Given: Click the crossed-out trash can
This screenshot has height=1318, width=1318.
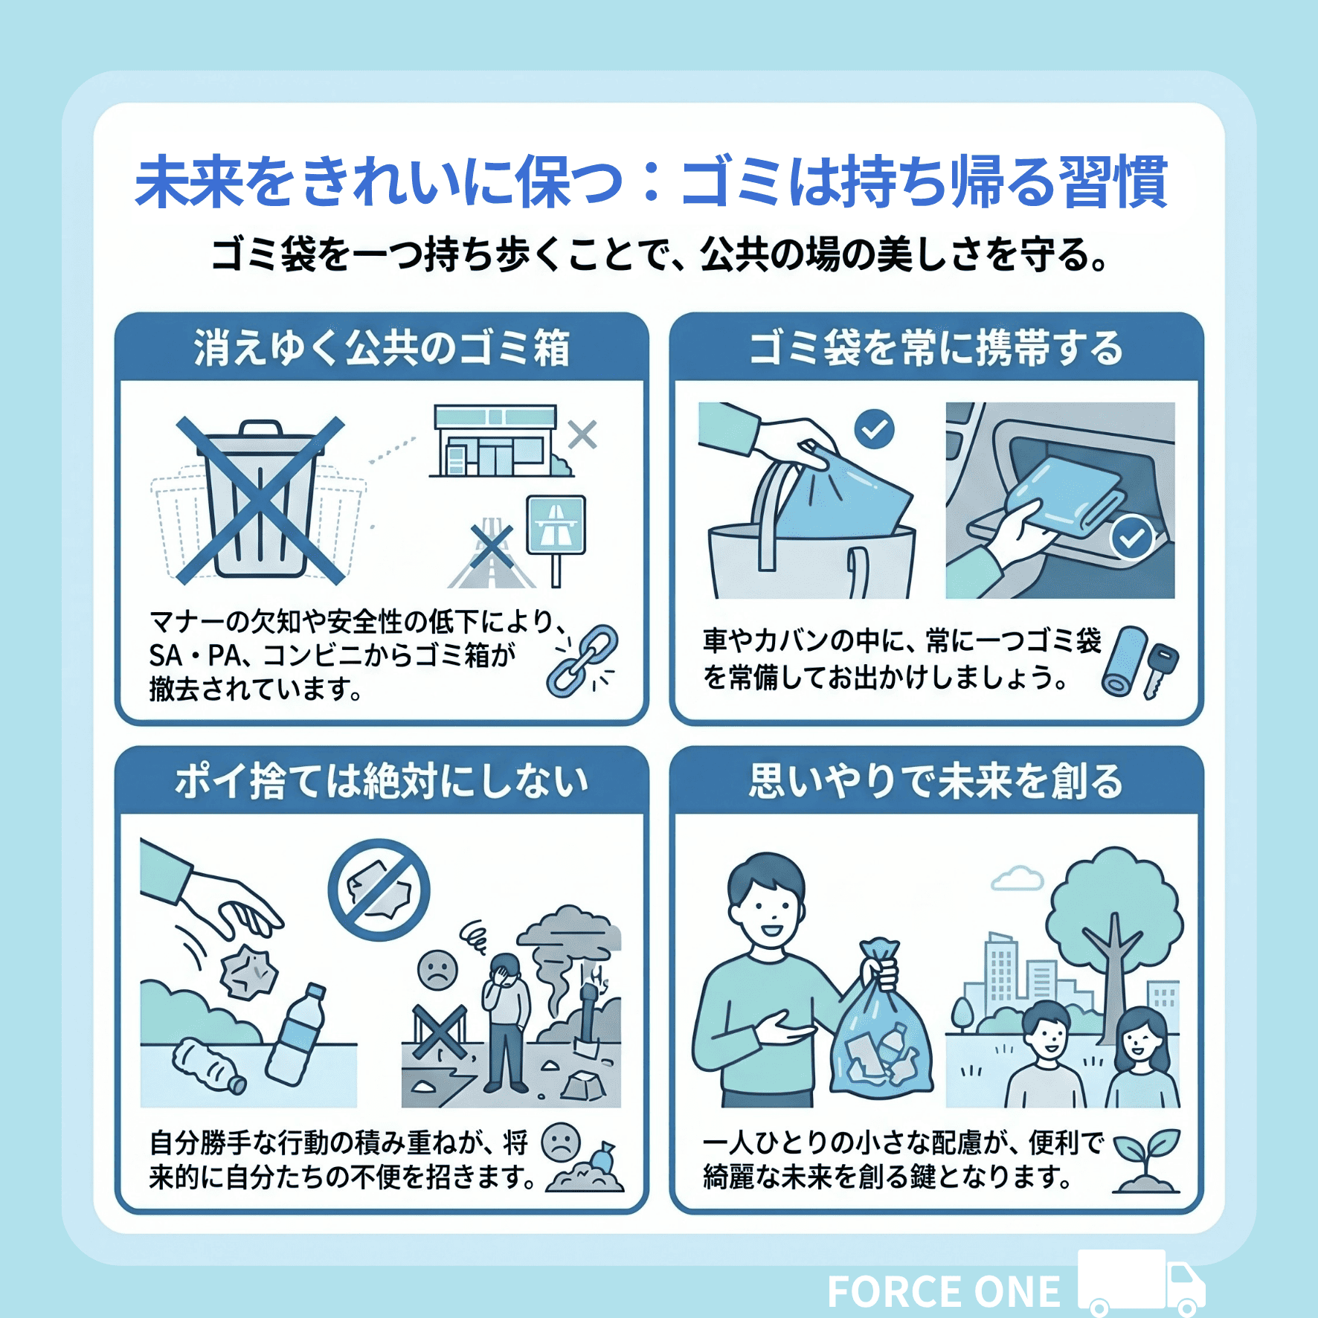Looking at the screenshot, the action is coord(260,500).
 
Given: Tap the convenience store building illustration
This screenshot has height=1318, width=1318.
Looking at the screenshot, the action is coord(497,440).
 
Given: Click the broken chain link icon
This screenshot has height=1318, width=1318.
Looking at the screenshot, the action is coord(582,660).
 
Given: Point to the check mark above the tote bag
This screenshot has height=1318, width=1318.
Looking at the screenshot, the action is coord(874,429).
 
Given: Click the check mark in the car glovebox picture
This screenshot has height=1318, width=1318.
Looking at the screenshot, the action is coord(1131,537).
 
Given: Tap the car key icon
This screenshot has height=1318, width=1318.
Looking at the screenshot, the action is coord(1160,672).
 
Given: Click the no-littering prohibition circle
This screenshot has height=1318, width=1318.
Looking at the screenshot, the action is coord(379,890).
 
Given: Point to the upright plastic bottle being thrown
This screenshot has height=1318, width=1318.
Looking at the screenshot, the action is coord(296,1035).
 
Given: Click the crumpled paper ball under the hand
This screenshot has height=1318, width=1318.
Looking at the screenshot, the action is coord(249,972).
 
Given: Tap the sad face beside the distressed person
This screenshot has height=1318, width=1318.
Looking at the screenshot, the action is coord(437,970).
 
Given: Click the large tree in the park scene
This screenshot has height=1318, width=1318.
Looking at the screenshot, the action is coord(1113,945).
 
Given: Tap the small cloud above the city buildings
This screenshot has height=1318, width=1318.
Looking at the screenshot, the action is coord(1017,878).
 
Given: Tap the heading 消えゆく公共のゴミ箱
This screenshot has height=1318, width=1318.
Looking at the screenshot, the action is coord(382,348).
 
